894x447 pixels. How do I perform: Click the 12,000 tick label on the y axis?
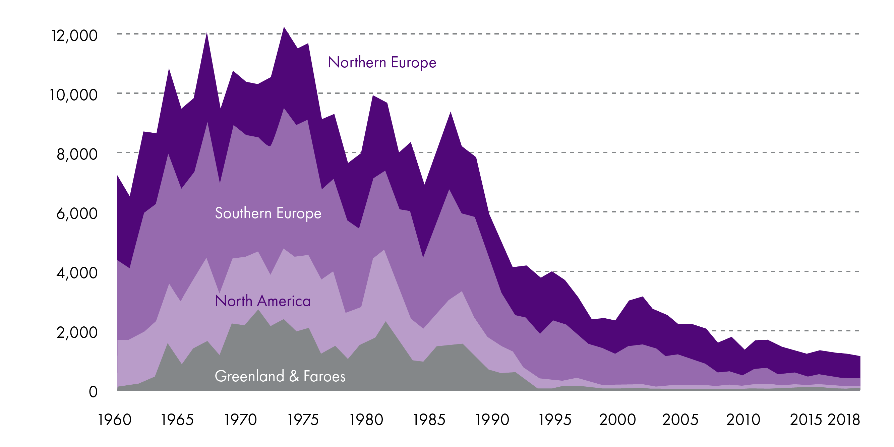pyautogui.click(x=74, y=36)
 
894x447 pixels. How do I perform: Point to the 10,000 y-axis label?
pyautogui.click(x=73, y=95)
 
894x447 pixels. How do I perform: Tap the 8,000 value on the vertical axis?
pyautogui.click(x=77, y=154)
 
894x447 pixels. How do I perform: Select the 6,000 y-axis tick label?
pyautogui.click(x=77, y=214)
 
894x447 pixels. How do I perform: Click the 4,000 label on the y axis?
pyautogui.click(x=77, y=273)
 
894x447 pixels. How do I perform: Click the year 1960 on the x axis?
pyautogui.click(x=115, y=420)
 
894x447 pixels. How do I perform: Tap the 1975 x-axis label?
pyautogui.click(x=303, y=420)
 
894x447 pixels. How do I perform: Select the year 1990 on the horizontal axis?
pyautogui.click(x=492, y=420)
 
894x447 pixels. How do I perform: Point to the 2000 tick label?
pyautogui.click(x=617, y=420)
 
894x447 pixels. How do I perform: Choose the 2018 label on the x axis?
pyautogui.click(x=844, y=420)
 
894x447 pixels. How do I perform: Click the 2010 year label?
pyautogui.click(x=743, y=420)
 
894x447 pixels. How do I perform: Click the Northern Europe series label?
pyautogui.click(x=382, y=62)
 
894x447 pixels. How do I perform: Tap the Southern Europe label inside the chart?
pyautogui.click(x=268, y=213)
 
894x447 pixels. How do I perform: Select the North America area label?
pyautogui.click(x=263, y=301)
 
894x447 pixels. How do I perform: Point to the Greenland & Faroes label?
pyautogui.click(x=280, y=376)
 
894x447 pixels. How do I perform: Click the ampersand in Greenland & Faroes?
pyautogui.click(x=294, y=377)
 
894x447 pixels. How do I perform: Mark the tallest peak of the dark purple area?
pyautogui.click(x=284, y=27)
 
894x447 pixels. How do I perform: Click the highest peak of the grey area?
pyautogui.click(x=258, y=310)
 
